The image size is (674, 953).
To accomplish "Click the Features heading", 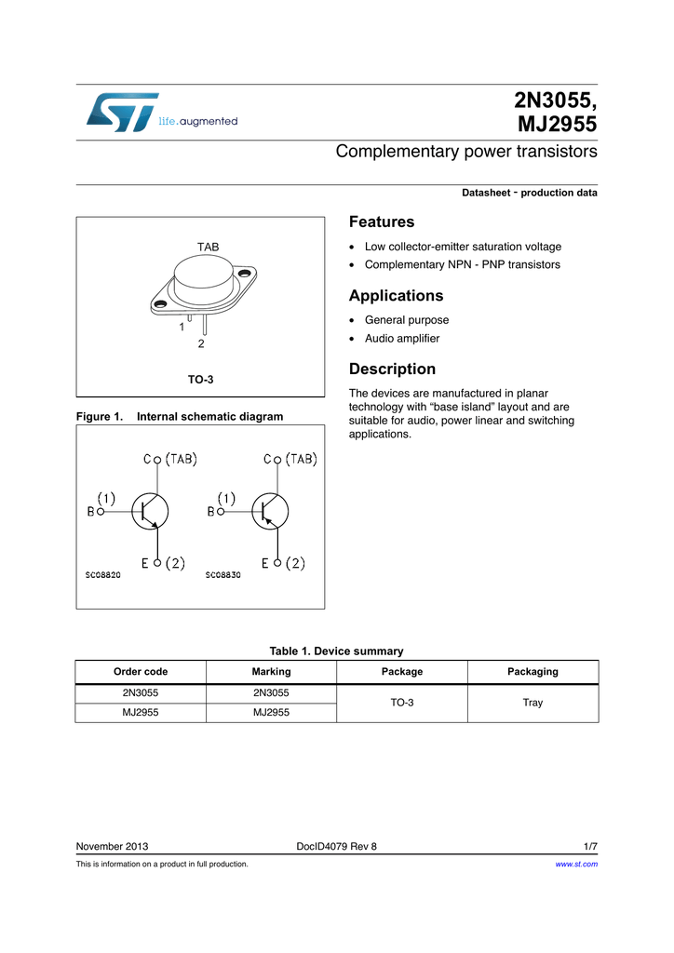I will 381,221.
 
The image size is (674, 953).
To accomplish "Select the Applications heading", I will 396,296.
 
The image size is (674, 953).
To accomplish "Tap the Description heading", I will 392,369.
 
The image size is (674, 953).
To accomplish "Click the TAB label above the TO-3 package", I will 208,247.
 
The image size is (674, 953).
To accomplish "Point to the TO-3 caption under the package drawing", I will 200,380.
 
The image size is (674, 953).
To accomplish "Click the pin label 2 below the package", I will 200,344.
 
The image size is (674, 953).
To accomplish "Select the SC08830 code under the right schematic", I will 222,575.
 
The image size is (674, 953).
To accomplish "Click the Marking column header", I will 271,671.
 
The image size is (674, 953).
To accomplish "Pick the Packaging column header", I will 532,671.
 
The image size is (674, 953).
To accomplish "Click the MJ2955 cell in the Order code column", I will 141,712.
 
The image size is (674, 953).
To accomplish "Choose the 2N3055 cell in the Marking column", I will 271,693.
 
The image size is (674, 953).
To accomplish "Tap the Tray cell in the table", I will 532,703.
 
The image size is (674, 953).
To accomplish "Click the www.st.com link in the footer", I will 575,865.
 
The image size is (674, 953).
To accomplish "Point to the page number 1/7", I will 590,846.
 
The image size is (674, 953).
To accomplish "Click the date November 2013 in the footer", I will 112,846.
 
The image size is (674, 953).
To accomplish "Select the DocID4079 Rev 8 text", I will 336,846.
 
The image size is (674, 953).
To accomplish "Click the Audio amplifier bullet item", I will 402,339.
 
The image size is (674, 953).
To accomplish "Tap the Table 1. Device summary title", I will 336,651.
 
